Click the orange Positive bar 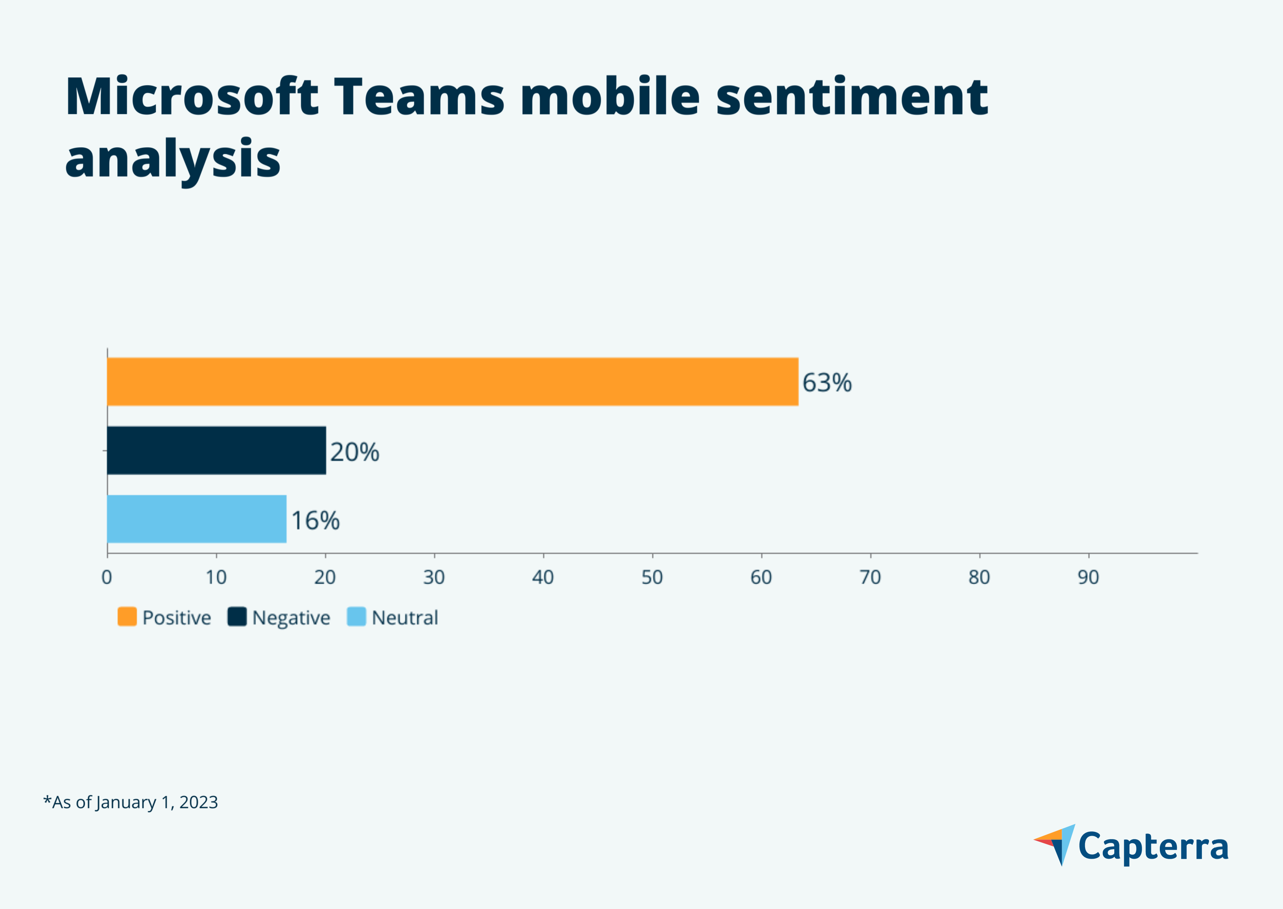point(452,382)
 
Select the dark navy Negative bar point(216,451)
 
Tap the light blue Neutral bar point(196,519)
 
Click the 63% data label point(827,383)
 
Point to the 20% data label point(354,452)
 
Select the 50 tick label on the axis point(652,577)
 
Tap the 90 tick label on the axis point(1088,577)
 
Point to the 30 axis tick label point(434,577)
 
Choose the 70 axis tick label point(870,577)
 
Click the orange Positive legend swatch point(127,617)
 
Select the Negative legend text point(291,618)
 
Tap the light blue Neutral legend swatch point(357,617)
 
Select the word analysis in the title point(172,159)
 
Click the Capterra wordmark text point(1153,847)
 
